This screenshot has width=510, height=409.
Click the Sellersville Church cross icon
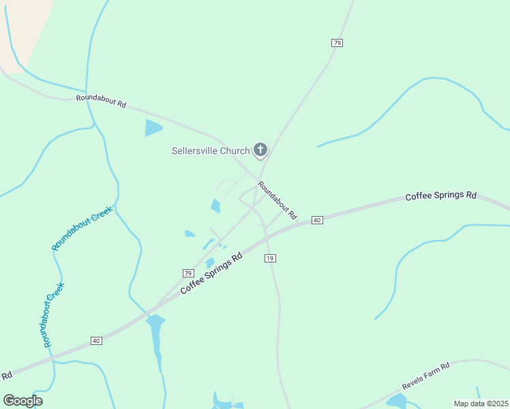pos(260,149)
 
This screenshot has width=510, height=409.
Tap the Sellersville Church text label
pos(210,151)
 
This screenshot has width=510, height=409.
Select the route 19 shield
pos(270,258)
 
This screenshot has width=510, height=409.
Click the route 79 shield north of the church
pos(337,42)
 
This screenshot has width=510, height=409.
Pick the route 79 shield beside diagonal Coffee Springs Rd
pos(188,273)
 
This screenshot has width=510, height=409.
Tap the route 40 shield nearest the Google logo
pos(95,340)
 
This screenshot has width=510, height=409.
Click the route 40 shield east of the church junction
pos(316,219)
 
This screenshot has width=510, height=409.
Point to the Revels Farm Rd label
pos(426,376)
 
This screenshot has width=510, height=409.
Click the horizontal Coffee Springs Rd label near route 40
pos(440,196)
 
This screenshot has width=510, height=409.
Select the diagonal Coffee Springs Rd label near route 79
pos(212,274)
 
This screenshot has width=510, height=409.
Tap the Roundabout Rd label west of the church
pos(101,101)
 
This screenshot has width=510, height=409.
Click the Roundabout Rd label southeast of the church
pos(277,200)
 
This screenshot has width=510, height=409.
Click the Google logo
pos(22,401)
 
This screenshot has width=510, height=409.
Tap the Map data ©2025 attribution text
pos(481,404)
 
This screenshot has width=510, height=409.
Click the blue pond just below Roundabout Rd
pos(153,127)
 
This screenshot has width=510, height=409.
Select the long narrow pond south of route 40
pos(157,337)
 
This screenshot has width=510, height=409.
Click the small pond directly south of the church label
pos(215,205)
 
